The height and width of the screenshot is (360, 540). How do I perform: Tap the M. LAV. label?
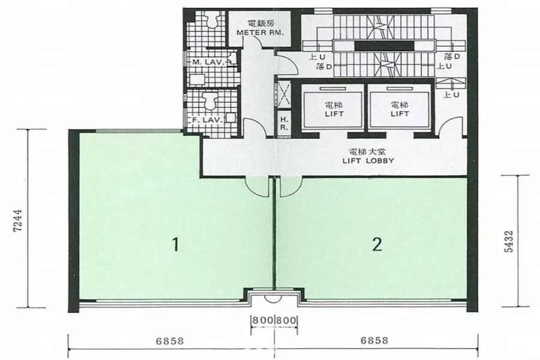(x=209, y=62)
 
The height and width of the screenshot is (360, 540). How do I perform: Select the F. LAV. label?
(x=208, y=120)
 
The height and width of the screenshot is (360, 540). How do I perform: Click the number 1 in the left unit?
(x=176, y=245)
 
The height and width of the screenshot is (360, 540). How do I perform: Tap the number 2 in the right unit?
(x=377, y=244)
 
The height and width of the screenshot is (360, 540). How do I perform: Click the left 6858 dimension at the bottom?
(x=170, y=341)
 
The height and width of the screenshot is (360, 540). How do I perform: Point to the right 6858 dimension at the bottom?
(x=374, y=341)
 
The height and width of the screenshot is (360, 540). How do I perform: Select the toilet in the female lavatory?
(x=210, y=100)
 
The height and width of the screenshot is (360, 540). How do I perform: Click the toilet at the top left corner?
(x=210, y=19)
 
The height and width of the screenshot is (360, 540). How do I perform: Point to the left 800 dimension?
(x=262, y=320)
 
